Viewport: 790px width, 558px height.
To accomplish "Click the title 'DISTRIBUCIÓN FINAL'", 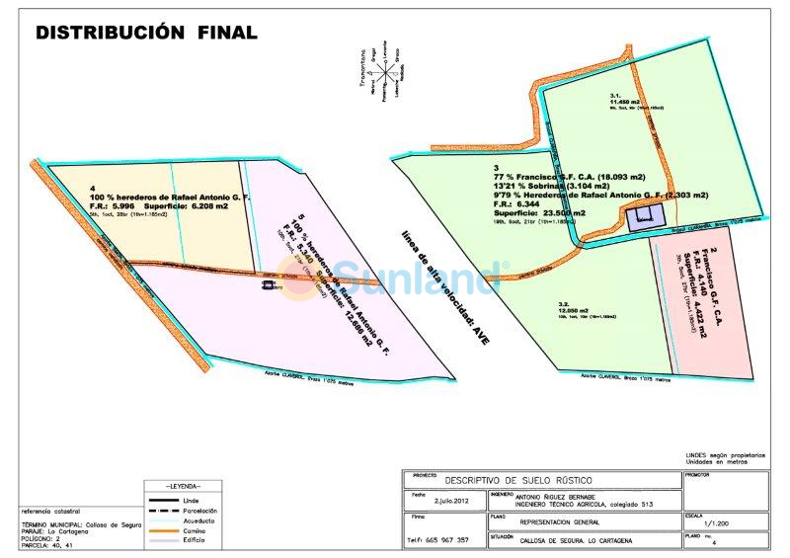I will point(146,33).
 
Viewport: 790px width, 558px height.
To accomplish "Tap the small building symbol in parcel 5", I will point(268,285).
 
